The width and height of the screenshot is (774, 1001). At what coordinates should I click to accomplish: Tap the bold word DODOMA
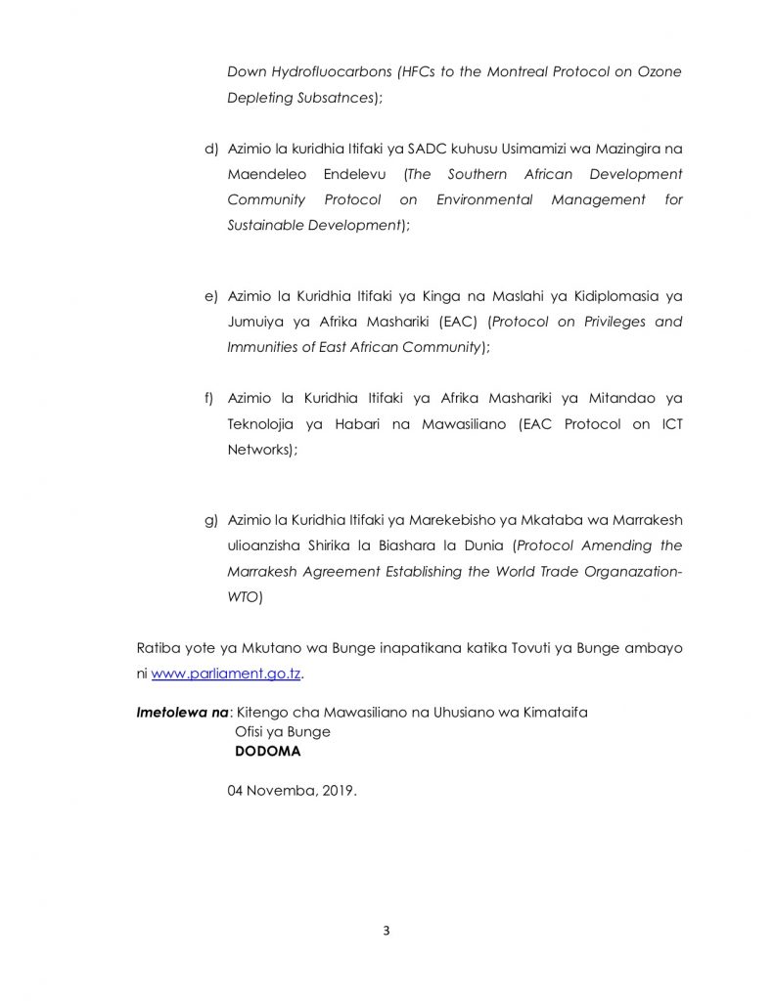267,752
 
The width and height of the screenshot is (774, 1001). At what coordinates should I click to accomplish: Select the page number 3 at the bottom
387,930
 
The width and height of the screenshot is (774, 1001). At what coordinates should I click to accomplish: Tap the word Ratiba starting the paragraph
158,648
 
